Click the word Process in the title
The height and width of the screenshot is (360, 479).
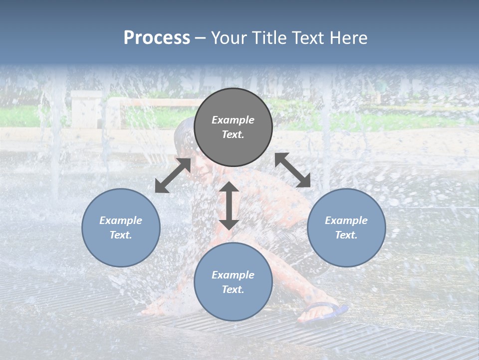coord(157,38)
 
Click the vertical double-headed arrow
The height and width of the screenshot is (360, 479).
coord(229,205)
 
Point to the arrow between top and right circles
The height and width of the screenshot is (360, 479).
coord(292,170)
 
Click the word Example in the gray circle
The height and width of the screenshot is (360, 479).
coord(233,120)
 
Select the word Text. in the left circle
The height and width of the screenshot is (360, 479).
coord(121,235)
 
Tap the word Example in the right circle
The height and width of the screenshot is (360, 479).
coord(346,220)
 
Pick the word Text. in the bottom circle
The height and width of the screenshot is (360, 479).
coord(233,289)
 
